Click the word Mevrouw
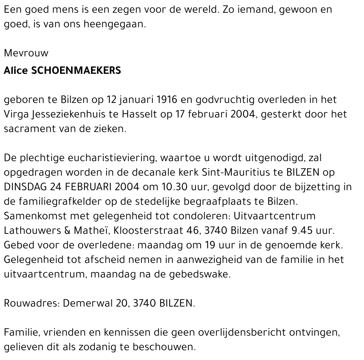click(26, 53)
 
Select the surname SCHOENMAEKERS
click(76, 71)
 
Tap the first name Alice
click(16, 71)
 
